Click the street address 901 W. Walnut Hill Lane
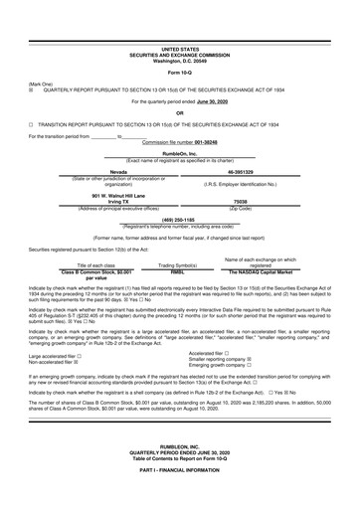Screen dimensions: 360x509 pos(96,194)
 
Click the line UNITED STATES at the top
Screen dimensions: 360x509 pos(180,48)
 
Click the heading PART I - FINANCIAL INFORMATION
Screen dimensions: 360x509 pos(180,497)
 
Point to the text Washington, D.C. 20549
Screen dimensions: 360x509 pos(180,59)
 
